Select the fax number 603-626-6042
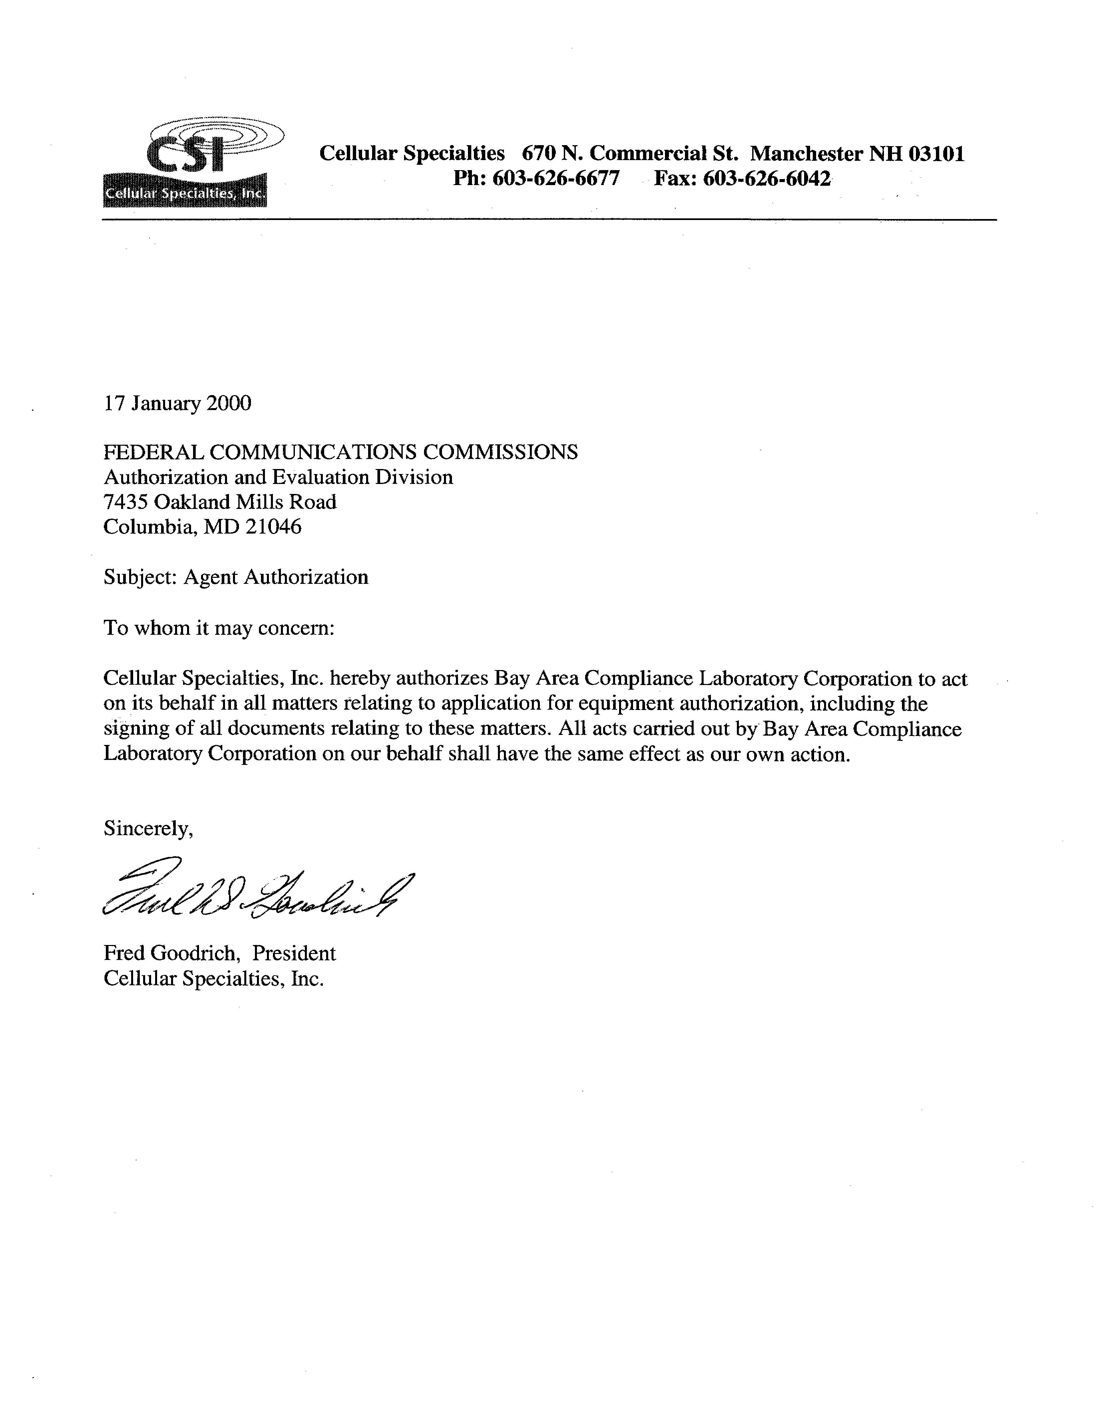click(766, 178)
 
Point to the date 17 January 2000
click(177, 404)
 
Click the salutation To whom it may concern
click(219, 628)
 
